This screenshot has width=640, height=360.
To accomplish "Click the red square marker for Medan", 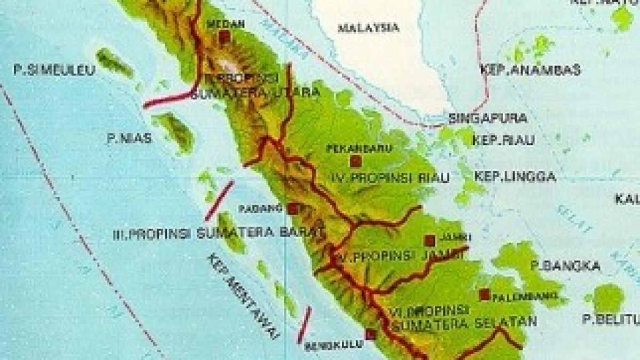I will pyautogui.click(x=224, y=36).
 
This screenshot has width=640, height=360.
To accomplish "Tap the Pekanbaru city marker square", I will pyautogui.click(x=356, y=161).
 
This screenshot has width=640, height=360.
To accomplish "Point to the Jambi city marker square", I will pyautogui.click(x=430, y=241).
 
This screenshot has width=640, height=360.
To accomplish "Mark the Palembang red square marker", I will pyautogui.click(x=484, y=294).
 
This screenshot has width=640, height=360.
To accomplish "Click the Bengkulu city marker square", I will pyautogui.click(x=371, y=334).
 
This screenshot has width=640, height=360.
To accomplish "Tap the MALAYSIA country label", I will pyautogui.click(x=369, y=28).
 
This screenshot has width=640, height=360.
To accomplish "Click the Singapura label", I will pyautogui.click(x=488, y=118).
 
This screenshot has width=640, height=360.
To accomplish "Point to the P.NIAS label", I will pyautogui.click(x=129, y=139).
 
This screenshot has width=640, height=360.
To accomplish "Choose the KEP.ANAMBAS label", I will pyautogui.click(x=531, y=70).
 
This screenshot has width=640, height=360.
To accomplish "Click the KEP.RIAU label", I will pyautogui.click(x=505, y=140).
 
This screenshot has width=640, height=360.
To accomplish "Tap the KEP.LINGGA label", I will pyautogui.click(x=515, y=176).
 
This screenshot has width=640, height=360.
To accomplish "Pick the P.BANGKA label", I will pyautogui.click(x=566, y=266).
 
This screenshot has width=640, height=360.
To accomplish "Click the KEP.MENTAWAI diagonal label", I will pyautogui.click(x=243, y=296).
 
